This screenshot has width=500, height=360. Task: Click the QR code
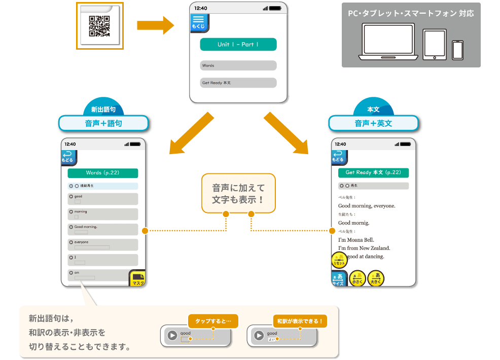click(x=99, y=26)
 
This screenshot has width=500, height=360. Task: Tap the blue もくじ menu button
click(x=198, y=23)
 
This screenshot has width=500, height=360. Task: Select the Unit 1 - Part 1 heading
click(x=238, y=45)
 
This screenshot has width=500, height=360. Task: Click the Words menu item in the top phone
click(x=238, y=65)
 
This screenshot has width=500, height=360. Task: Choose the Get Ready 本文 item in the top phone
click(x=238, y=83)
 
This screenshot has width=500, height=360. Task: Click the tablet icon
click(x=434, y=45)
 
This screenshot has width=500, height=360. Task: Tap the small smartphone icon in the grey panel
click(x=457, y=50)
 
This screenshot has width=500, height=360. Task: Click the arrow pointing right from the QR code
click(x=155, y=24)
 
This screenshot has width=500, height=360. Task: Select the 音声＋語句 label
click(x=103, y=123)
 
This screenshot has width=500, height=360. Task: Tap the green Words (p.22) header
click(x=102, y=173)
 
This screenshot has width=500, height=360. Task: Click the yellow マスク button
click(x=137, y=278)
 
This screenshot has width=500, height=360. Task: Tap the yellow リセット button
click(x=339, y=261)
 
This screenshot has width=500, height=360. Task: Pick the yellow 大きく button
click(x=376, y=278)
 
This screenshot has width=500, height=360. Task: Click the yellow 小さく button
click(x=358, y=278)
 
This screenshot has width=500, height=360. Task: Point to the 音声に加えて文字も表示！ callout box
click(x=238, y=193)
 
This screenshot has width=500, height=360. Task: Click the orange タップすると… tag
click(x=213, y=321)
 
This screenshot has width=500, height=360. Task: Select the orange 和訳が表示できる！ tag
click(x=300, y=321)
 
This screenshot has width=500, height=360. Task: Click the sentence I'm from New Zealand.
click(x=364, y=248)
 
